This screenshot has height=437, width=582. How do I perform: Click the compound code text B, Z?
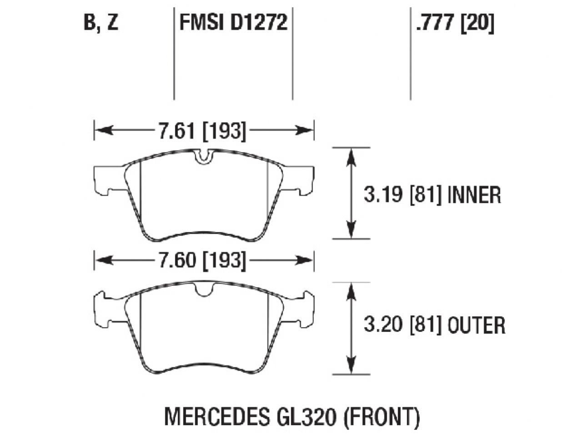point(101,22)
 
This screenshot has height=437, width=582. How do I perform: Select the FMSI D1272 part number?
point(233,22)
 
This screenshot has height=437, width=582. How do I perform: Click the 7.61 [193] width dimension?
point(202,131)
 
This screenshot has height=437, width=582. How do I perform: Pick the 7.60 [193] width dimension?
point(202,260)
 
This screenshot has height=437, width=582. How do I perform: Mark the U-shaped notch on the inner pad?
point(204,156)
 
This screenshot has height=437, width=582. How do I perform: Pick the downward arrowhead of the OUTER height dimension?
point(351,366)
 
